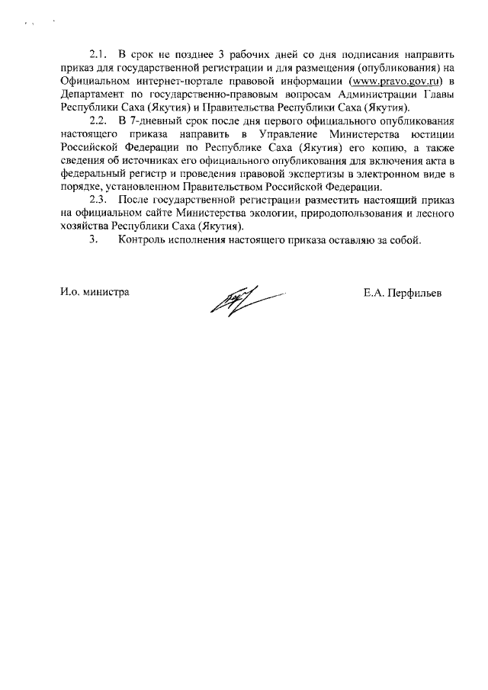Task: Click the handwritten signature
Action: coord(238,296)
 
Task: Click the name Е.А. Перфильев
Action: coord(403,292)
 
